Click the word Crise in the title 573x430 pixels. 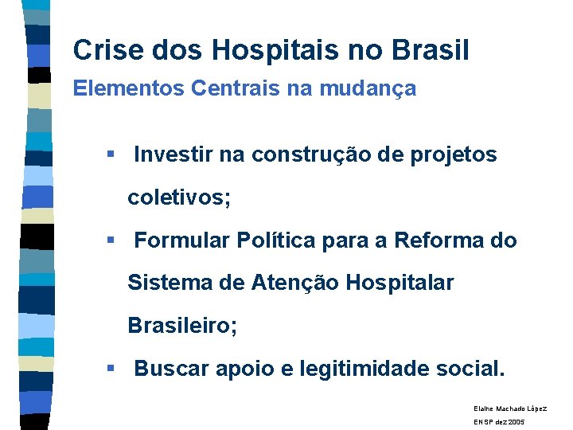coord(103,51)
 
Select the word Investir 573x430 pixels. coord(173,155)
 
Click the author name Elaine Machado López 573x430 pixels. coord(510,408)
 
